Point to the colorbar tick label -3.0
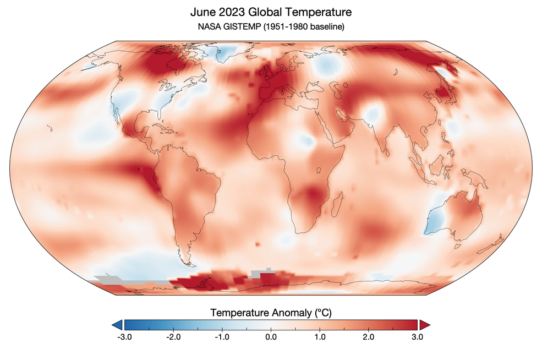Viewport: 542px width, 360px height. (x=124, y=336)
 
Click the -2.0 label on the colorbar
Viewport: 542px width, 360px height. (x=173, y=336)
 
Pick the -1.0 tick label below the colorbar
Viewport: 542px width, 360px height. (x=222, y=336)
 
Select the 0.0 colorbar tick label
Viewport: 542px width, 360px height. (x=271, y=336)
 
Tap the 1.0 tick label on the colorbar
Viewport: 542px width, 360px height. (x=320, y=336)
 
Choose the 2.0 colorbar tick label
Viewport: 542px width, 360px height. (x=369, y=336)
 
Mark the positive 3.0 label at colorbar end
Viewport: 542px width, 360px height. (x=417, y=336)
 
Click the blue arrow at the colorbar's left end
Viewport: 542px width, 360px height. (x=117, y=324)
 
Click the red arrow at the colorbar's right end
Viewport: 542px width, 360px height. (x=425, y=324)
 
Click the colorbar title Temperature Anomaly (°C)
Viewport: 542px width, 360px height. (x=271, y=313)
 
